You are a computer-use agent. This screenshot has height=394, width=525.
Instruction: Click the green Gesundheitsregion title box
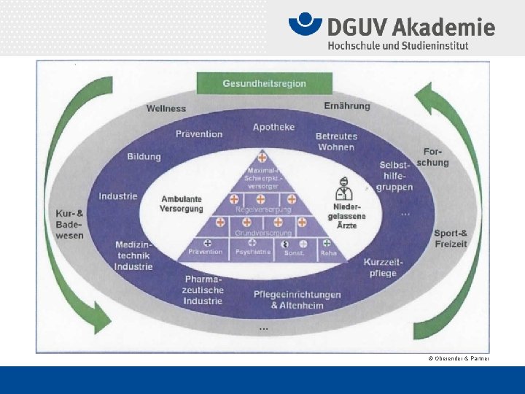(x=264, y=83)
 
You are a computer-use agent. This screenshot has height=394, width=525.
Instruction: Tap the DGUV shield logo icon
(x=305, y=26)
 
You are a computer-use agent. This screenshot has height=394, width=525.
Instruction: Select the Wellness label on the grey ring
(x=166, y=109)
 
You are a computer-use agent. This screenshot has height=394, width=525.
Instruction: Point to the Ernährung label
(x=346, y=106)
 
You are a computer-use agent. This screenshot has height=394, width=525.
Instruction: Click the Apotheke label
(x=273, y=127)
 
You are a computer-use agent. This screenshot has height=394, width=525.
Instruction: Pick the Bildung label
(x=144, y=157)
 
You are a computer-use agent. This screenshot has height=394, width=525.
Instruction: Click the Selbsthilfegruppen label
(x=394, y=176)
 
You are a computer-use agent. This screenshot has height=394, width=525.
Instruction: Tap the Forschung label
(x=434, y=158)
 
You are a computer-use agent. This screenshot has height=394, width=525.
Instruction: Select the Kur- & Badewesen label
(x=70, y=224)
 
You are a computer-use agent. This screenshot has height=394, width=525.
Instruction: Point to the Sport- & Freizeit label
(x=451, y=239)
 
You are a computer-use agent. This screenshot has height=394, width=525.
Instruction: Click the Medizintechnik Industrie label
(x=133, y=255)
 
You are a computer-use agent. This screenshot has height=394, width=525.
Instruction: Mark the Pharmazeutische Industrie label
(x=203, y=290)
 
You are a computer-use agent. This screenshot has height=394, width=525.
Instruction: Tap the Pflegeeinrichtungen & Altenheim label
(x=297, y=300)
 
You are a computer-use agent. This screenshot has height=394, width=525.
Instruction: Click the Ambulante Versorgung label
(x=181, y=204)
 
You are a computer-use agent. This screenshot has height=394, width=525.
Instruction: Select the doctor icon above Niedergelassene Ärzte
(x=343, y=189)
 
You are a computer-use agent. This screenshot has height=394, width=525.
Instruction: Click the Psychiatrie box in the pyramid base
(x=252, y=252)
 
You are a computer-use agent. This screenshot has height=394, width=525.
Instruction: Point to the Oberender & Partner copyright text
(x=459, y=358)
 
